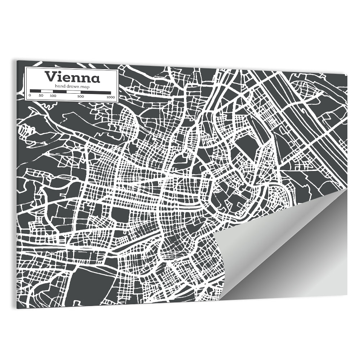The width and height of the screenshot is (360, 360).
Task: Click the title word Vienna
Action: click(x=72, y=77)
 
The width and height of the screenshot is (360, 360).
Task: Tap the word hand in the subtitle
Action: click(x=60, y=86)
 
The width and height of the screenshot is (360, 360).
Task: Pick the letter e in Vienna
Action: click(x=67, y=78)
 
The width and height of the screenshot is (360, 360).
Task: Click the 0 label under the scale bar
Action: click(x=30, y=96)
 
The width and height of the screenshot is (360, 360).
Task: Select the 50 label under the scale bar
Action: click(x=41, y=96)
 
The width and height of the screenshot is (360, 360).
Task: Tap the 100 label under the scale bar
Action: click(x=53, y=96)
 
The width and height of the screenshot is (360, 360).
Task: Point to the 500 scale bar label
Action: click(x=80, y=96)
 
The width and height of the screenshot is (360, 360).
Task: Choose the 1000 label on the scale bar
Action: click(x=111, y=96)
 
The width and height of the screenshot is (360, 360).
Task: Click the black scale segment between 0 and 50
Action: click(x=35, y=91)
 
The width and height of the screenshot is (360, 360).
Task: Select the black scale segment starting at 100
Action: click(x=60, y=91)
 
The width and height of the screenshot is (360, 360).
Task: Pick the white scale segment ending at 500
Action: click(x=74, y=91)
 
